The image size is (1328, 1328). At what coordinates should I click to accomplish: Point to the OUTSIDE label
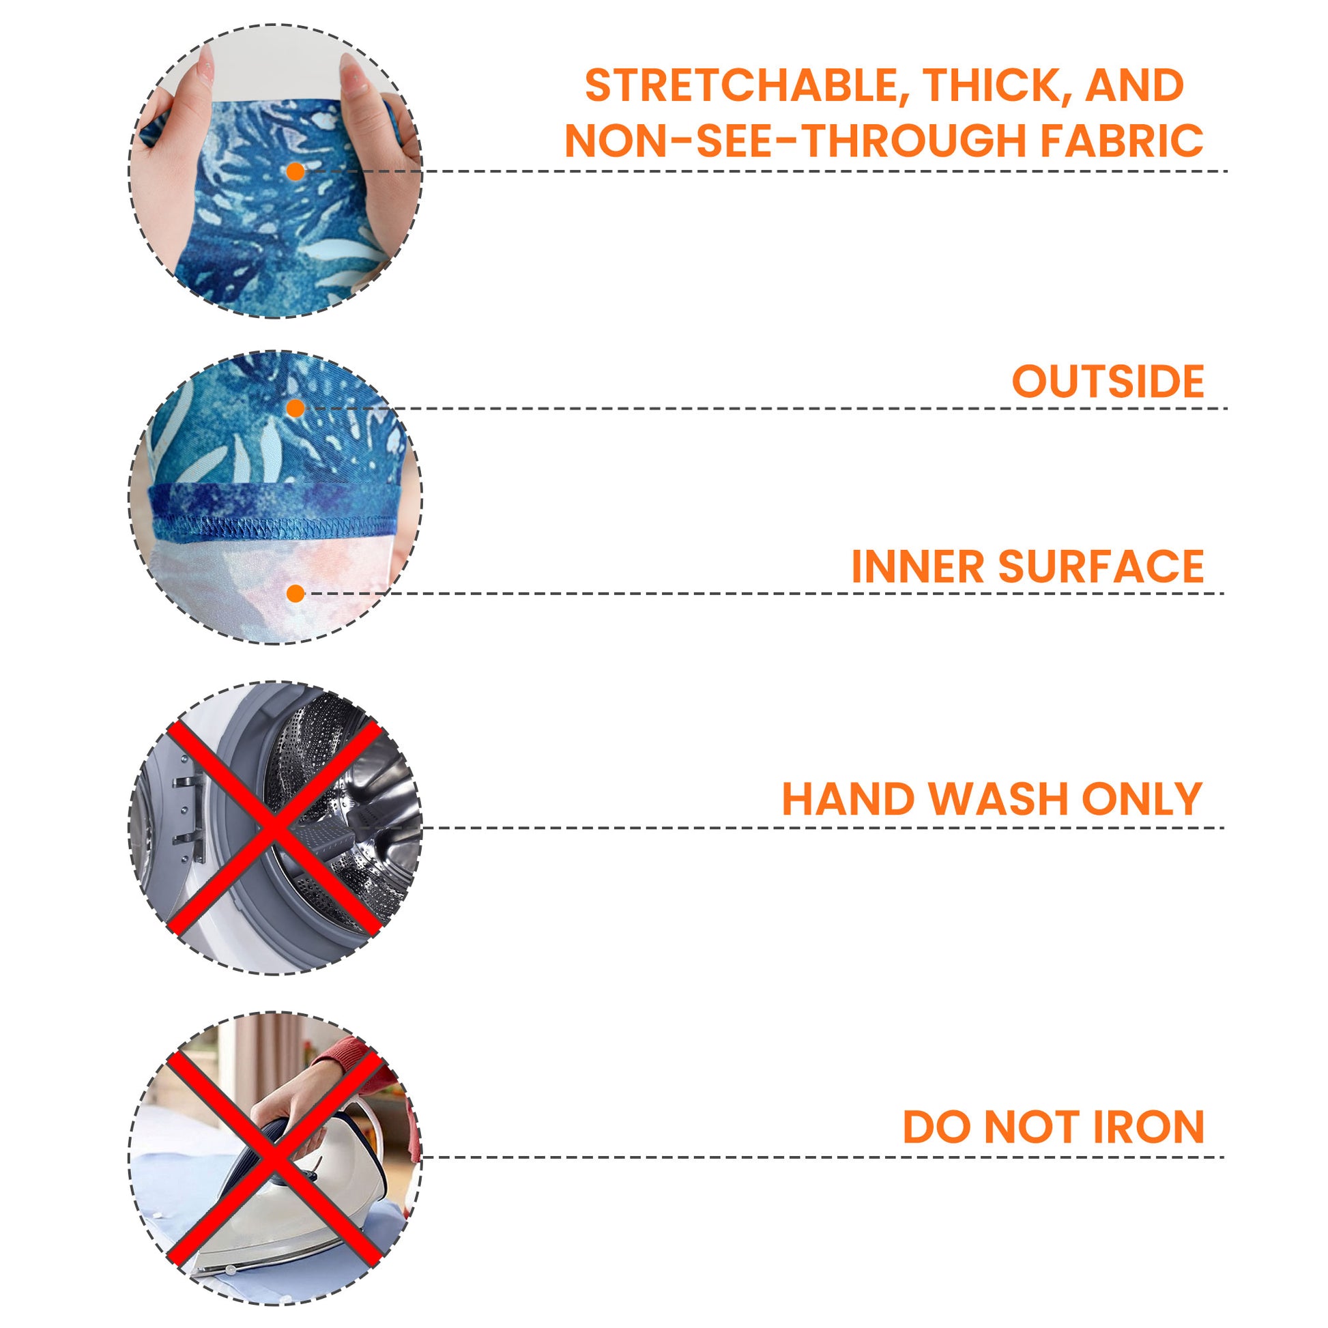click(x=1108, y=381)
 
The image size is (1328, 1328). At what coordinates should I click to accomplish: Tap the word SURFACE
click(x=1101, y=566)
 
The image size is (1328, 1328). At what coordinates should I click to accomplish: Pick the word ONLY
click(x=1142, y=798)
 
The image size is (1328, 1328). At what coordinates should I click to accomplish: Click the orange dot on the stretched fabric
click(x=295, y=172)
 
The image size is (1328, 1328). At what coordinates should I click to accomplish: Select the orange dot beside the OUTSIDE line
click(x=295, y=409)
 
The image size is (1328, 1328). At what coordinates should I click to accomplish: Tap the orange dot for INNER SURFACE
click(x=295, y=593)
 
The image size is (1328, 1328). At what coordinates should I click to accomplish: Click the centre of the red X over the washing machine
click(x=274, y=828)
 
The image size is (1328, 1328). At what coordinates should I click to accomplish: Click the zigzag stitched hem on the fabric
click(x=275, y=527)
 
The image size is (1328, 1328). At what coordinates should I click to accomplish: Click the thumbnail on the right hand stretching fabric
click(x=351, y=73)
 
